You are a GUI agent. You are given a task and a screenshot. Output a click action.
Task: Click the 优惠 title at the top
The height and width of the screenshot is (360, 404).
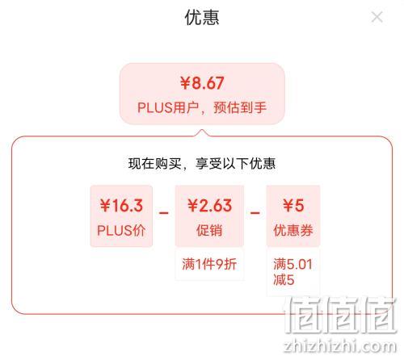(x=202, y=18)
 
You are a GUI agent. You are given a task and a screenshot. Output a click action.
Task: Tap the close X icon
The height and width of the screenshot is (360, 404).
(x=377, y=17)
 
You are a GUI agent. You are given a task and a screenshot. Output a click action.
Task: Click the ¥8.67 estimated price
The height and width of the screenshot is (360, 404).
(x=202, y=83)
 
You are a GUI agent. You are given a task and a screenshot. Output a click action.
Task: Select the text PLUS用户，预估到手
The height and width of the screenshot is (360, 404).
(x=202, y=107)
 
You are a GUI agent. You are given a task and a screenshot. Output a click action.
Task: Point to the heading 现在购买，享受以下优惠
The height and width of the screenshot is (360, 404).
(x=202, y=164)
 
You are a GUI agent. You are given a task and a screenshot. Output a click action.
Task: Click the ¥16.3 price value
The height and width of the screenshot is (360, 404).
(x=121, y=206)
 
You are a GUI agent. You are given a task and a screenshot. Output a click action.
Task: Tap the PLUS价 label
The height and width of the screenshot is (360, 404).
(x=121, y=231)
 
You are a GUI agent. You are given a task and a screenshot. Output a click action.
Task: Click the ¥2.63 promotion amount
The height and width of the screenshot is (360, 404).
(x=209, y=206)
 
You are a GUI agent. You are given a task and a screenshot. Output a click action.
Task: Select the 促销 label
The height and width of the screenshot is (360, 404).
(x=209, y=231)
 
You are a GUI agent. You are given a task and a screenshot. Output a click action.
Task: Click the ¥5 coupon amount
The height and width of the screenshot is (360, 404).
(x=293, y=206)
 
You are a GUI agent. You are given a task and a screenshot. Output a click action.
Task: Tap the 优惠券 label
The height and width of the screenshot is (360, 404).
(x=293, y=231)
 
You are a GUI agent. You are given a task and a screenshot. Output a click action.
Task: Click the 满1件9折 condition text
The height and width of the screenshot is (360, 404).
(x=209, y=264)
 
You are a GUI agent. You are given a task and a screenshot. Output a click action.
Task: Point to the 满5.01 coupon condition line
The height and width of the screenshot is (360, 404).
(x=292, y=264)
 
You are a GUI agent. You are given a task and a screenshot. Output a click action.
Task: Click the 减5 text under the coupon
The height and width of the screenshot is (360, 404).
(x=284, y=280)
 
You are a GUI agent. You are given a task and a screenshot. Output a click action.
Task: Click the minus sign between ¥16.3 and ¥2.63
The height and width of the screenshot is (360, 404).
(x=163, y=213)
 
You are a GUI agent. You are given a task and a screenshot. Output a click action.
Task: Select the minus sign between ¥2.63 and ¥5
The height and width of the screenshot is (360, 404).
(x=255, y=213)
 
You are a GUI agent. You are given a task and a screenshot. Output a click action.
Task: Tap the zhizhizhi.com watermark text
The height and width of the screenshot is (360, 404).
(x=340, y=345)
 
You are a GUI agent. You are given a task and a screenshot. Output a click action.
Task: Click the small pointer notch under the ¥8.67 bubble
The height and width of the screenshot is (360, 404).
(x=202, y=132)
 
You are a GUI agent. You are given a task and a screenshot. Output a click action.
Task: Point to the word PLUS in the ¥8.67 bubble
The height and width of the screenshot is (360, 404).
(x=155, y=107)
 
